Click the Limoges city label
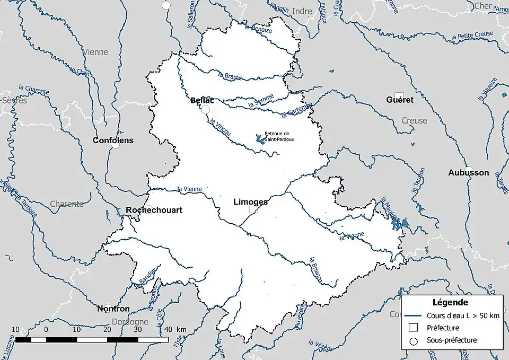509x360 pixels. (250, 202)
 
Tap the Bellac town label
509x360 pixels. (202, 100)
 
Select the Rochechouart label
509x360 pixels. (154, 210)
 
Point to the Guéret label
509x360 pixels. (400, 100)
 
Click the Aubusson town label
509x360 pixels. (468, 173)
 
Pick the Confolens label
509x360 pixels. (113, 141)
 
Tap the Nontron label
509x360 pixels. (113, 309)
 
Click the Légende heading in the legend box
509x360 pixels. (450, 303)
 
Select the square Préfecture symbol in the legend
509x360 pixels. (415, 328)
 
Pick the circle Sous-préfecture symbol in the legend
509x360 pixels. (415, 340)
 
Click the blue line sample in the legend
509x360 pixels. (415, 316)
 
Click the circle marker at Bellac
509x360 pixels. (206, 109)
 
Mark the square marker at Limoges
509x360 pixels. (253, 209)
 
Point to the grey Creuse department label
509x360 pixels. (414, 120)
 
